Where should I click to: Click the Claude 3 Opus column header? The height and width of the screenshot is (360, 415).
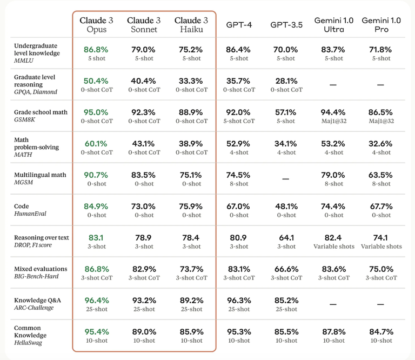tap(96, 25)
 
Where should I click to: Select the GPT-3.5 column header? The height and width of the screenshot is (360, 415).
tap(286, 25)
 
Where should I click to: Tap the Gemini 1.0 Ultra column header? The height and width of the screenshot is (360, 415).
tap(334, 25)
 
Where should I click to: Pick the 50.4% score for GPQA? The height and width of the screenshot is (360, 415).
tap(96, 81)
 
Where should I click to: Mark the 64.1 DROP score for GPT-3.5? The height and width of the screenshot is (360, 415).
tap(286, 238)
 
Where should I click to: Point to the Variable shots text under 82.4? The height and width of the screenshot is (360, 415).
tap(334, 246)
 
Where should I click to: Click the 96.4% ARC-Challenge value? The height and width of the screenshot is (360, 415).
tap(96, 301)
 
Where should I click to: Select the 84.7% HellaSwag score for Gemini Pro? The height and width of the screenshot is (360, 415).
tap(381, 332)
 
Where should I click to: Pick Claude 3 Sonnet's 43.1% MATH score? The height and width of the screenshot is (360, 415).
tap(143, 144)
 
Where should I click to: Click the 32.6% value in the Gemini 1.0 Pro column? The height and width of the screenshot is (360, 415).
tap(381, 144)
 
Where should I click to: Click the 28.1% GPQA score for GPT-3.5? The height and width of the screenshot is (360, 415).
tap(286, 81)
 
